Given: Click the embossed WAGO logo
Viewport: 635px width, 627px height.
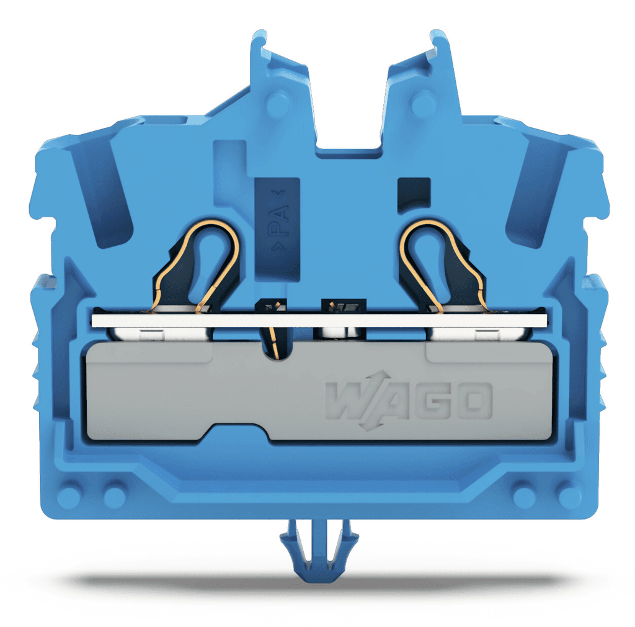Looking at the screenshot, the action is click(x=409, y=400).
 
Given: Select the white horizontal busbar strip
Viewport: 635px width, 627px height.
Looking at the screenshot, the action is click(x=319, y=320).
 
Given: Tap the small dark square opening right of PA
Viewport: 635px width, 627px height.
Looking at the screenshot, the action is click(x=414, y=195).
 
